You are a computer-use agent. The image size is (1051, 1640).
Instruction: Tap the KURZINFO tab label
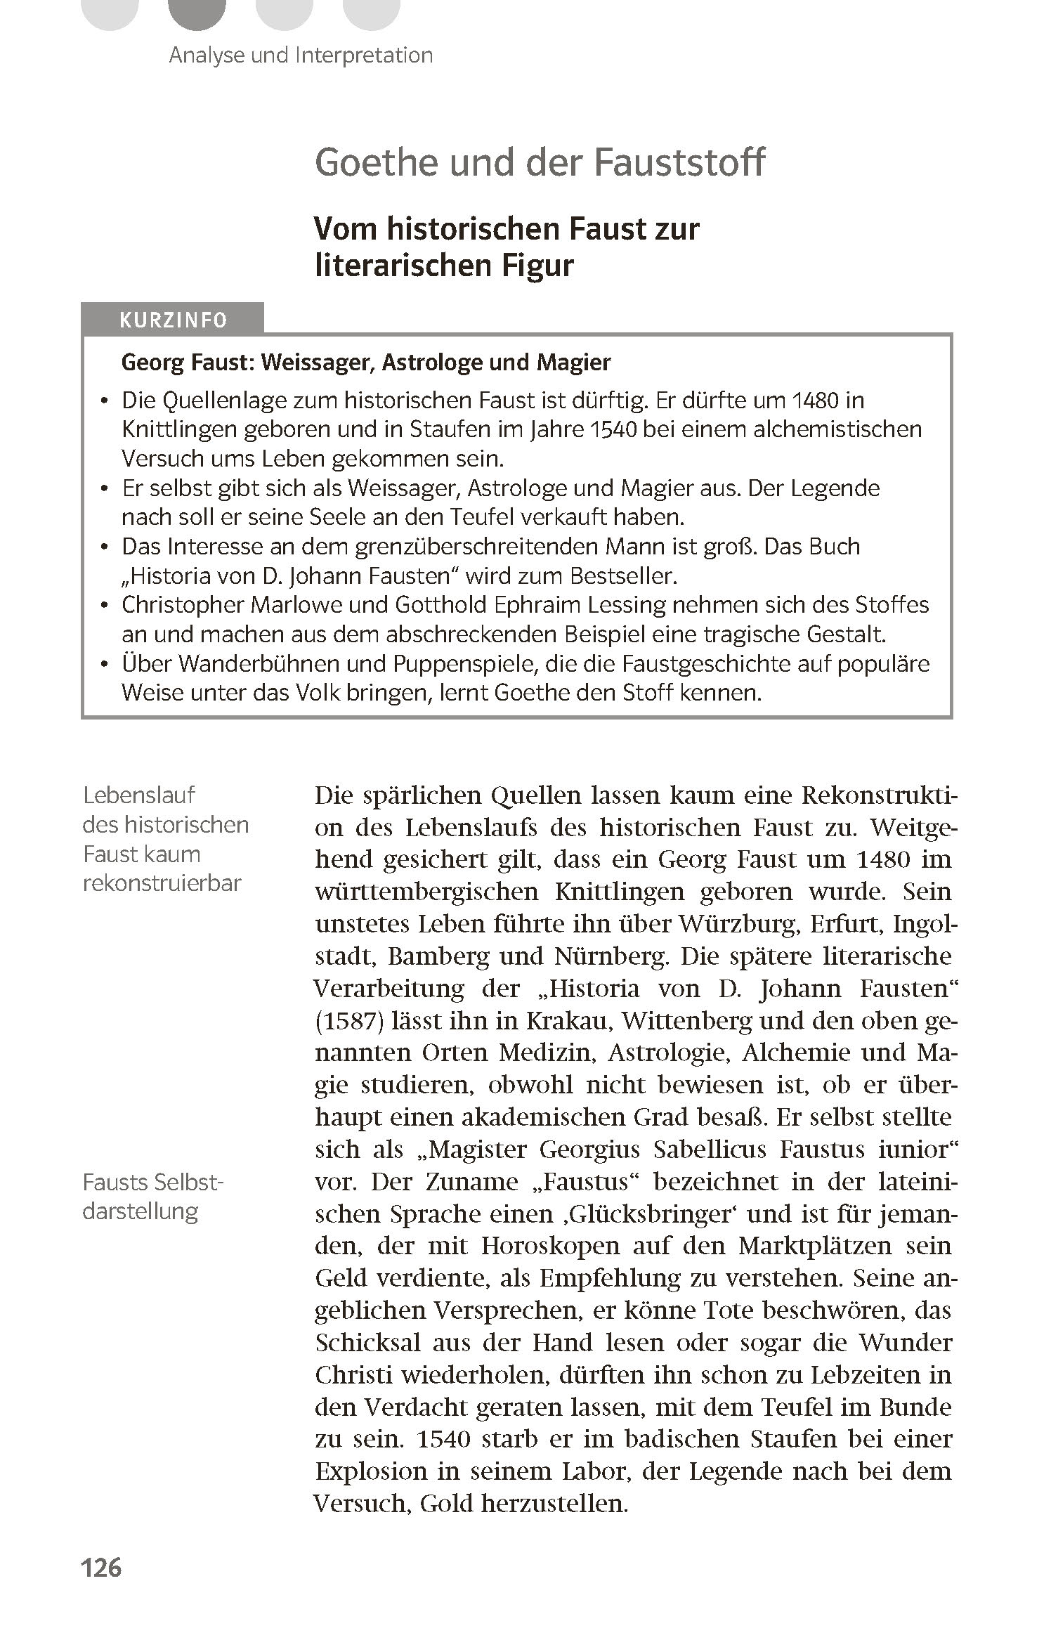[173, 320]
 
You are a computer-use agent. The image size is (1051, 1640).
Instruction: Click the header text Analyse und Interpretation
[301, 55]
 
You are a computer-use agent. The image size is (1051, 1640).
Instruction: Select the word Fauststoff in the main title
[679, 163]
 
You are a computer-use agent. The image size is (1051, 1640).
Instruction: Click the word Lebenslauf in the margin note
[138, 795]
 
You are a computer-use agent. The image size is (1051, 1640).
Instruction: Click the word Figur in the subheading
[537, 266]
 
